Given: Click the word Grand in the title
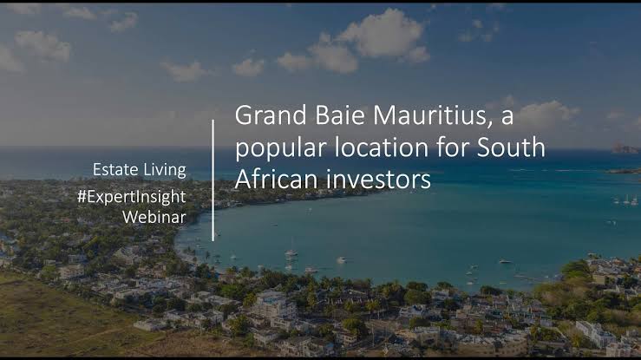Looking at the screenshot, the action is [x=271, y=115].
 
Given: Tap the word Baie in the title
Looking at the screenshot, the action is [x=340, y=115].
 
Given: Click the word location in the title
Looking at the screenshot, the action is [x=381, y=147].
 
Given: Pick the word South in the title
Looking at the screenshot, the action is [x=511, y=147].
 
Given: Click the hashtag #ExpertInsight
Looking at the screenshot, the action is [x=132, y=198].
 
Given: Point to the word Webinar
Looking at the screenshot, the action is [x=154, y=217].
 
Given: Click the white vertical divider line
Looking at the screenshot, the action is [x=213, y=180].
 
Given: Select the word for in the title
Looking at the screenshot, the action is [x=453, y=147].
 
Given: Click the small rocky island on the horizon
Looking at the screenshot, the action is [x=625, y=148].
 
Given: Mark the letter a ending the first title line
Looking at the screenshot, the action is [x=507, y=119].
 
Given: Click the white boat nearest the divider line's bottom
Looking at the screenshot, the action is [x=291, y=252].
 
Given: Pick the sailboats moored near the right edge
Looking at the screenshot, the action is [x=626, y=200].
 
